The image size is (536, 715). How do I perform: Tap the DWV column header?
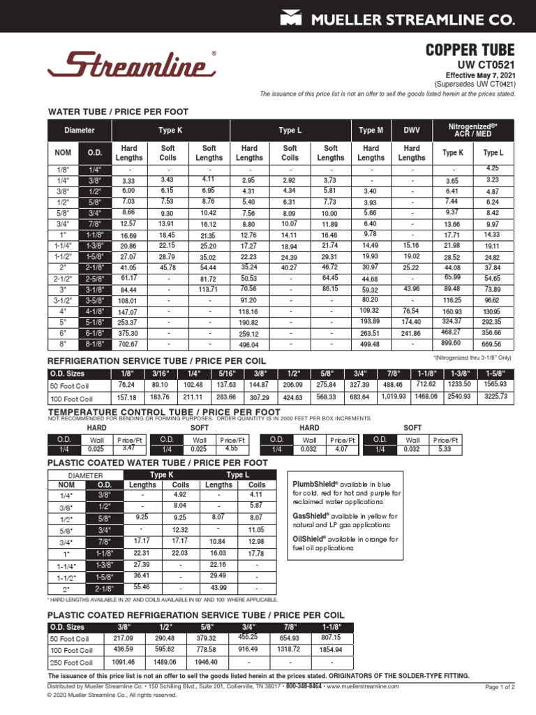tap(412, 131)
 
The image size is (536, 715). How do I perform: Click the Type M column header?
tap(371, 131)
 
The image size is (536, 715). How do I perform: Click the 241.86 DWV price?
tap(412, 334)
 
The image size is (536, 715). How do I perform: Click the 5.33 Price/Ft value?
tap(445, 450)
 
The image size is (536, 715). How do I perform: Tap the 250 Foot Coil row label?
tap(70, 662)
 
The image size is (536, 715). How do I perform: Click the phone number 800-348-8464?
tap(304, 686)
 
